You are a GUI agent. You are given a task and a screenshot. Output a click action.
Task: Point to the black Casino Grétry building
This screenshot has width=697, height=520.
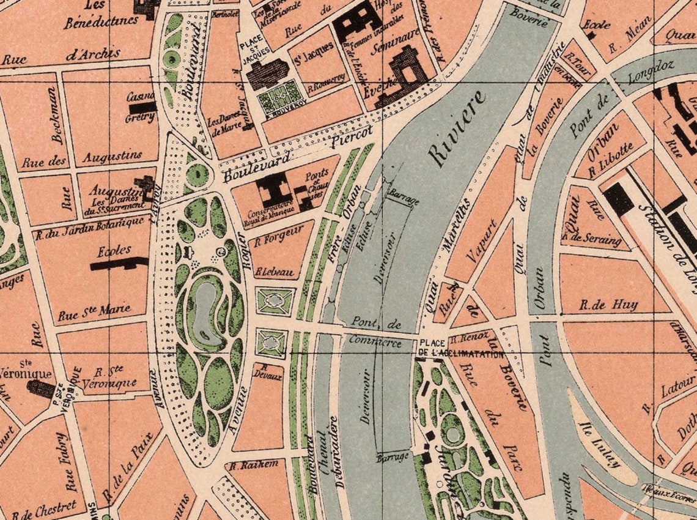point(142,107)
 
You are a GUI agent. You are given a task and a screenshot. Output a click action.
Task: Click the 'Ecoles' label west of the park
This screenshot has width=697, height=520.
point(114,250)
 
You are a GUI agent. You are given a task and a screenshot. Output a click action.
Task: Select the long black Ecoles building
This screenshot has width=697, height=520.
point(119,264)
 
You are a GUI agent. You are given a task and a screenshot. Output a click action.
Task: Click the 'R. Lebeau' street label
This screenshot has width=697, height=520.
point(275,271)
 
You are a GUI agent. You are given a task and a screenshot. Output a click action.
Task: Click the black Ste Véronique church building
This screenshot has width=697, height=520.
point(42,388)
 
